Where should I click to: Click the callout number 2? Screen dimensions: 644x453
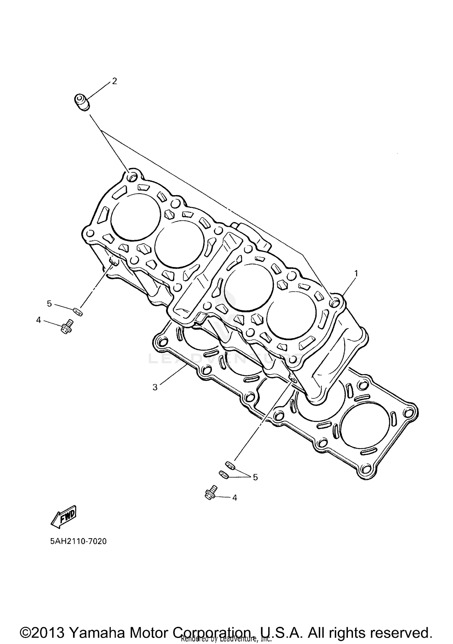point(114,81)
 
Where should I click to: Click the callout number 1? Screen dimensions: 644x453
point(356,273)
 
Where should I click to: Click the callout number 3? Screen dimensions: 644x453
point(155,387)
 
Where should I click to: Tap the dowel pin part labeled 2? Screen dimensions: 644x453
point(82,102)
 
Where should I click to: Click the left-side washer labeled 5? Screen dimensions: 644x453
point(78,311)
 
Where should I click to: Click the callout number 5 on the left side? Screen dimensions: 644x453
point(49,303)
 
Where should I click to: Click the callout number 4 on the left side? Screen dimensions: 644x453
point(38,320)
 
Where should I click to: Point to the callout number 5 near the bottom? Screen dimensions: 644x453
point(255,477)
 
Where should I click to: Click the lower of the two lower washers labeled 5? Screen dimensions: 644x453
point(224,474)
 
